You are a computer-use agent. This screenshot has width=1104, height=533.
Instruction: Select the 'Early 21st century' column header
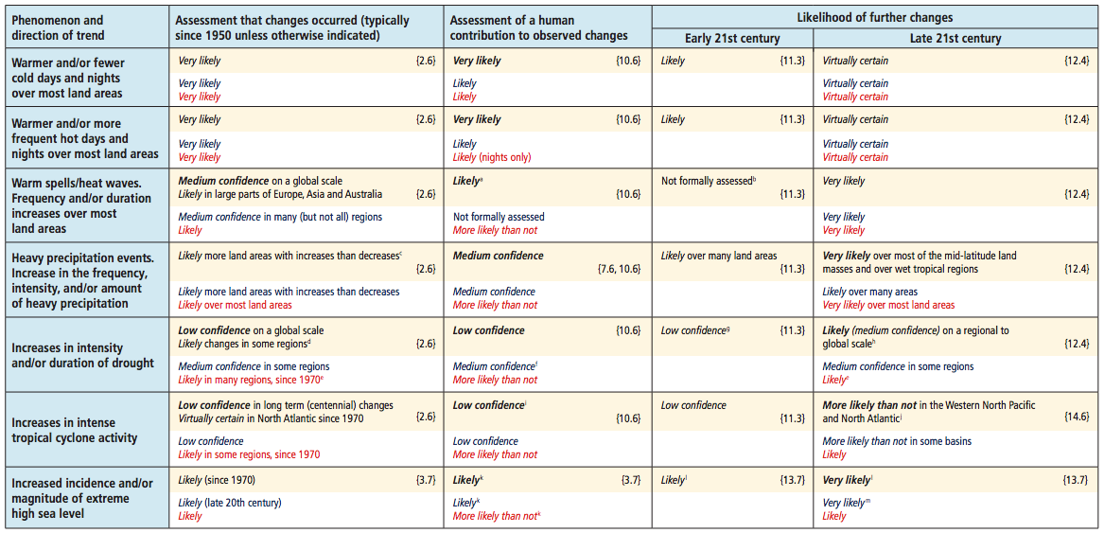(732, 38)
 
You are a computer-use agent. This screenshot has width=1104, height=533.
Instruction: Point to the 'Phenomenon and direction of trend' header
(54, 27)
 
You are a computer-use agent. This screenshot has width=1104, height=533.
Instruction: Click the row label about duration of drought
(76, 355)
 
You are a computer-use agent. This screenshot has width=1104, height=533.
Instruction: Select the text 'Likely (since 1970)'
(216, 481)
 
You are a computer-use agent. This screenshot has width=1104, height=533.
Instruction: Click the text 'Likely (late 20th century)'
(231, 503)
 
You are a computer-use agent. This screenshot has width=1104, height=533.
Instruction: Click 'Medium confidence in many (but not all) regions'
(280, 217)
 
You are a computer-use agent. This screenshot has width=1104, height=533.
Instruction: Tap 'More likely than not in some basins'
(897, 442)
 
